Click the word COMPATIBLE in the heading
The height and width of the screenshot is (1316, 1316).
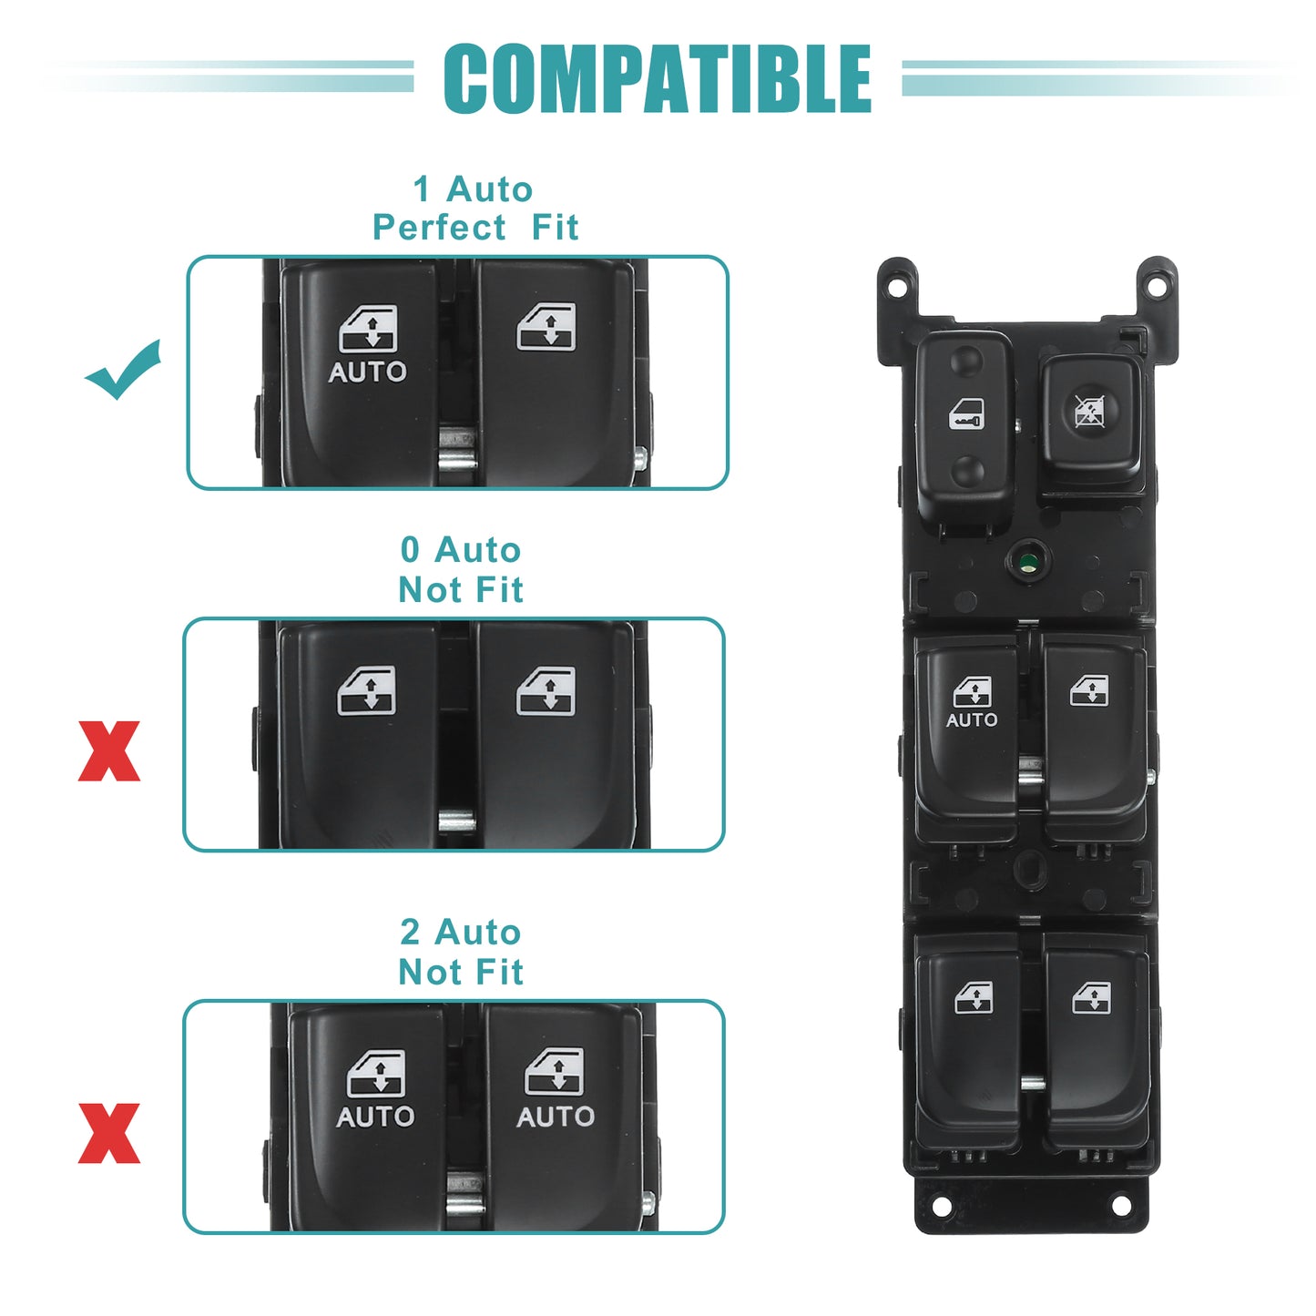[x=657, y=78]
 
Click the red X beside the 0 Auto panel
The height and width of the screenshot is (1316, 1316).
[x=109, y=750]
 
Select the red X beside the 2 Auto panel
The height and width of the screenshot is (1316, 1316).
[x=109, y=1133]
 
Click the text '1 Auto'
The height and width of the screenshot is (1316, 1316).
[x=473, y=189]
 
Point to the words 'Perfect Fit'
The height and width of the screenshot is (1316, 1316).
[x=475, y=228]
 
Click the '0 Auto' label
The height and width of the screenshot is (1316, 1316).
[x=461, y=550]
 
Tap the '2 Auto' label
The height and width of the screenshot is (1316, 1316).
[x=461, y=933]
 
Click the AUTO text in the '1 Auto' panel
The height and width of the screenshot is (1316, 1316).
[x=367, y=372]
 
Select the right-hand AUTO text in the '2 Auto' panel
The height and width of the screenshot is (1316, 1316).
[x=556, y=1117]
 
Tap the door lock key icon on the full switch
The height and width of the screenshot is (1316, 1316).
[x=965, y=413]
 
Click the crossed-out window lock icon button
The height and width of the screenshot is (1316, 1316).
[x=1092, y=411]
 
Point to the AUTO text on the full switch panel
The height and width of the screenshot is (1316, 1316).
[x=971, y=719]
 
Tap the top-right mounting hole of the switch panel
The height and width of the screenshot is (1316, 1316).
[x=1157, y=282]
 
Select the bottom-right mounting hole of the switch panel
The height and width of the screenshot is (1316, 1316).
[x=1121, y=1206]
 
